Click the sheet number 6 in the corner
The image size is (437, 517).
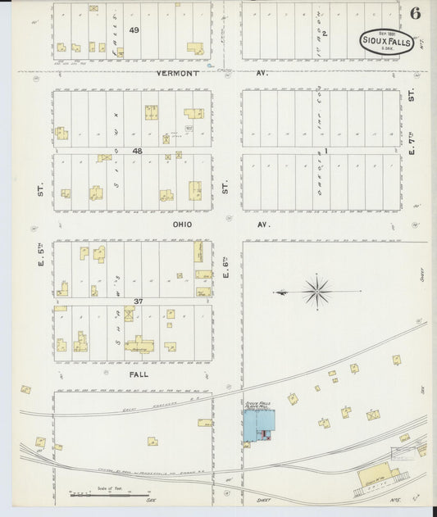pyautogui.click(x=416, y=13)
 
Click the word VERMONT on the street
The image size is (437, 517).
pyautogui.click(x=178, y=73)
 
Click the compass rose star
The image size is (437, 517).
pyautogui.click(x=316, y=291)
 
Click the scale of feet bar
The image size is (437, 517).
pyautogui.click(x=92, y=494)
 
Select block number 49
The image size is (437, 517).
pyautogui.click(x=134, y=30)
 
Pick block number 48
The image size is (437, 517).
pyautogui.click(x=138, y=151)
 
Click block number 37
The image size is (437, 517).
pyautogui.click(x=139, y=302)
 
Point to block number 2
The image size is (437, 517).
pyautogui.click(x=325, y=34)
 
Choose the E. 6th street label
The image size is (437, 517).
pyautogui.click(x=225, y=268)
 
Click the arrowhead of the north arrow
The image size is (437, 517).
pyautogui.click(x=275, y=291)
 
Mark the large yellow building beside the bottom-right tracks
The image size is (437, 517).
pyautogui.click(x=378, y=475)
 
